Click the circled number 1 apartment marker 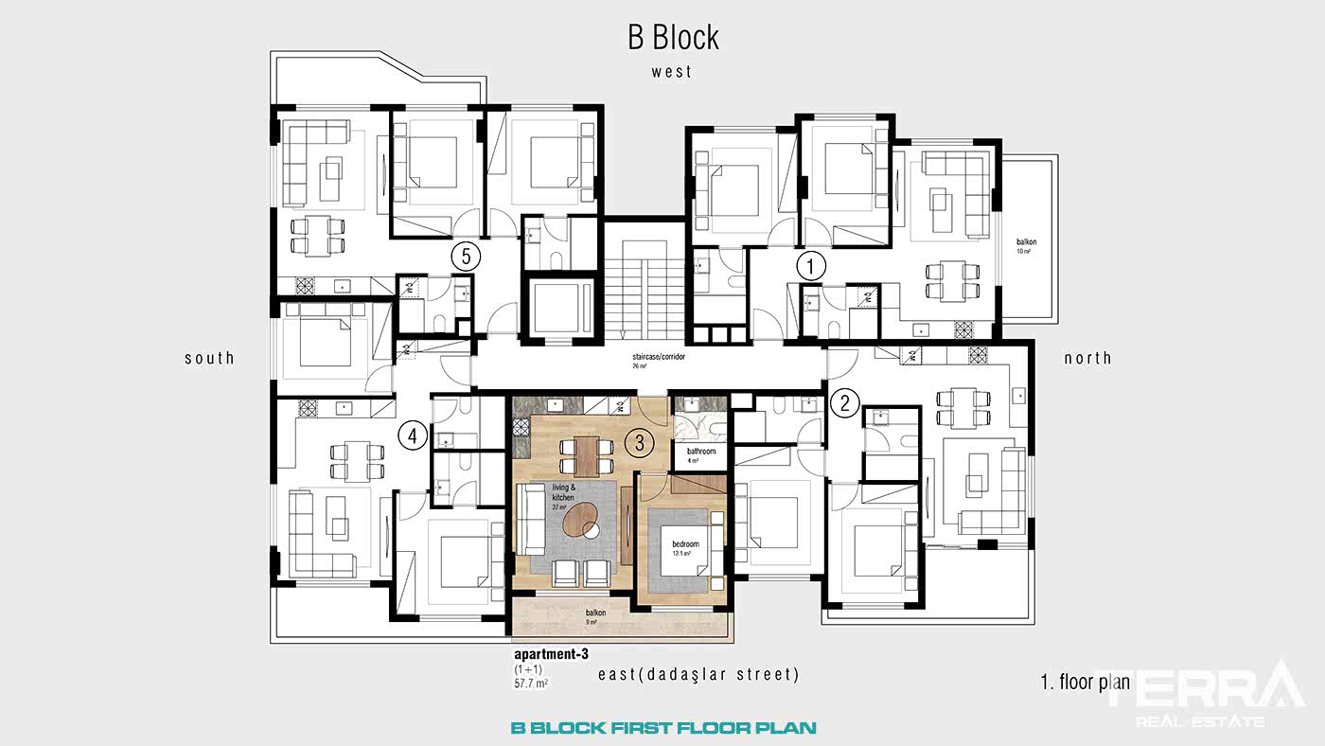(811, 266)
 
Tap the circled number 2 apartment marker (844, 402)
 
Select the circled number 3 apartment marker (640, 441)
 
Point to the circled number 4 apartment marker (412, 435)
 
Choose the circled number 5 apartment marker (464, 255)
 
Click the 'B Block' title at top (673, 37)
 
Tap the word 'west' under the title (671, 71)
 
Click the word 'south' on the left (209, 358)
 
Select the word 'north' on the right (1087, 358)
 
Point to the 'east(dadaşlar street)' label (698, 675)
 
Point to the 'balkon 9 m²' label (595, 616)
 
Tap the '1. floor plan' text (1084, 682)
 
